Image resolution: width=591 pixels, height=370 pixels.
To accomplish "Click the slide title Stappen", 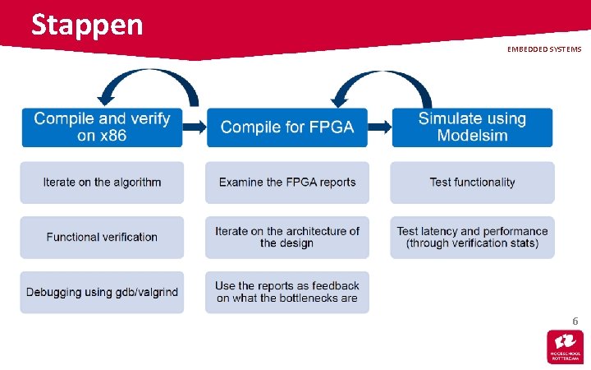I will point(87,25).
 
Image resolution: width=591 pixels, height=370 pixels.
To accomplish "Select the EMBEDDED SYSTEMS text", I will point(543,49).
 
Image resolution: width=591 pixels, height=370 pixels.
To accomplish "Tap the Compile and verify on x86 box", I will point(102,127).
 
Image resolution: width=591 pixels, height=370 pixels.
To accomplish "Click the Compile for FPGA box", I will point(286,127).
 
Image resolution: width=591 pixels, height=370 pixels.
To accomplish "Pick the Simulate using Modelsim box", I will point(472,127).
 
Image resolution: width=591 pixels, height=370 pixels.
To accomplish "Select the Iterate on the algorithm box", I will point(102,183).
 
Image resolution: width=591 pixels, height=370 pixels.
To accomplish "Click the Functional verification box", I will point(102,237).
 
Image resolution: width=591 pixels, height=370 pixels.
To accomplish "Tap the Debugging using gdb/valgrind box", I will point(102,292).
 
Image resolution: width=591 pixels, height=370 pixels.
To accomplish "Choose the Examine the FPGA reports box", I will point(287,183).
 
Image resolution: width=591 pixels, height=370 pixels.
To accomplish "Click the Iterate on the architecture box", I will point(287,237).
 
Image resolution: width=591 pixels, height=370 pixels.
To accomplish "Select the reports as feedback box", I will point(287,292).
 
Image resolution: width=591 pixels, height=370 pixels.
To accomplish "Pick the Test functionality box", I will point(472,183).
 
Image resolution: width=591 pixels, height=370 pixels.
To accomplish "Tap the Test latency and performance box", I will point(472,237).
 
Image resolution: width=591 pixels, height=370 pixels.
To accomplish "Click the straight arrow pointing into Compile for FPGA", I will point(195,127).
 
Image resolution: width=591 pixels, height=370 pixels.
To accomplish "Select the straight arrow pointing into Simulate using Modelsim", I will point(380,127).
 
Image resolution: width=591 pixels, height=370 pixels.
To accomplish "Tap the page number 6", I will point(575,320).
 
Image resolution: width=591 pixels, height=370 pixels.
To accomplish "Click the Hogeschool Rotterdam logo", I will point(566,346).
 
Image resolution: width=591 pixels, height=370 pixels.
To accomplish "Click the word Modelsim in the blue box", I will point(472,136).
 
